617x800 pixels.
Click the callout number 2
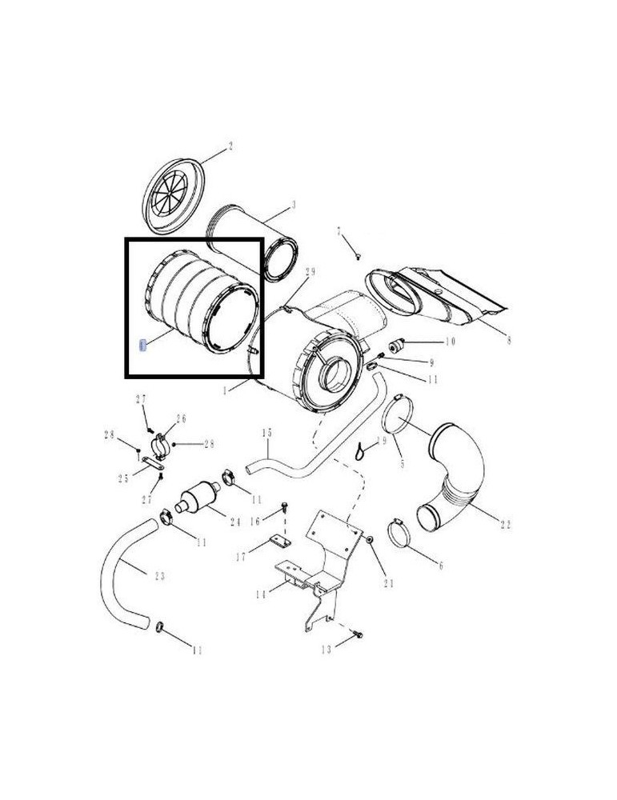coord(230,146)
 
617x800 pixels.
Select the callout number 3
coord(293,206)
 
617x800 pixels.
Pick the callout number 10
coord(450,342)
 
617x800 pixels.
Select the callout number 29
coord(311,273)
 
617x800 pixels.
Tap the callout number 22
coord(505,525)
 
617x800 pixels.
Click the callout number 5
coord(402,465)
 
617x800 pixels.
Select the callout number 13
coord(327,650)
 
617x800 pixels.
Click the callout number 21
coord(389,582)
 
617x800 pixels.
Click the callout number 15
coord(267,433)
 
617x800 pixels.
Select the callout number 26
coord(181,418)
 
